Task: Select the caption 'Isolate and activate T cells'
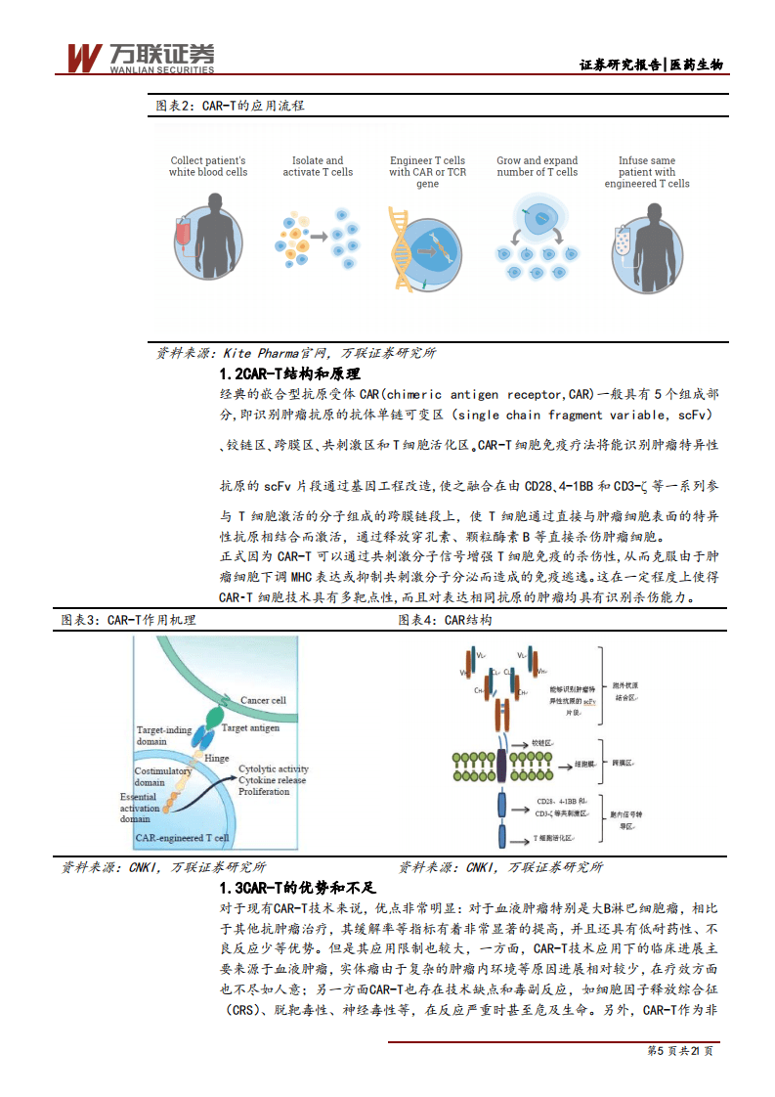[318, 166]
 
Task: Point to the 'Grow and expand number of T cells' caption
[537, 166]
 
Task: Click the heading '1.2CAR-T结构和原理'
[289, 374]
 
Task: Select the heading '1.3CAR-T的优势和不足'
[297, 889]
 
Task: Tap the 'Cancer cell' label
[263, 700]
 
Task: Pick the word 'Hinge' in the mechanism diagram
[217, 758]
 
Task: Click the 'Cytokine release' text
[273, 780]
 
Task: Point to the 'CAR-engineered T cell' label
[183, 838]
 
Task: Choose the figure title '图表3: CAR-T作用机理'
[128, 620]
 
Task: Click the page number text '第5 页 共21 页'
[680, 1051]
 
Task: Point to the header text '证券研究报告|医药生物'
[651, 65]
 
